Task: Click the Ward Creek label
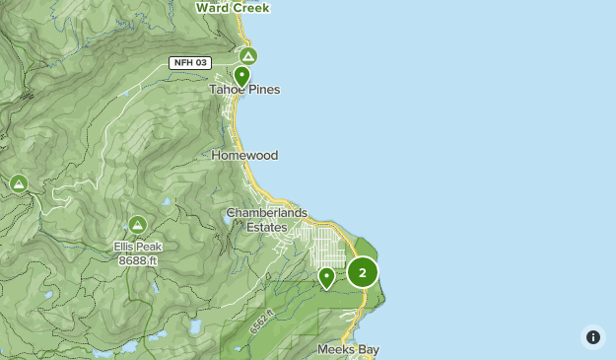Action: click(233, 7)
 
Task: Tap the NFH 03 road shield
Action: click(189, 63)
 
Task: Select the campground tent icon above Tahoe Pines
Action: click(248, 56)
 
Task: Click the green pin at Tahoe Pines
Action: click(241, 75)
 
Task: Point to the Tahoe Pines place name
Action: click(244, 90)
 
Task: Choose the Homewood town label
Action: click(244, 155)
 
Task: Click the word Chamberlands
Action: click(266, 213)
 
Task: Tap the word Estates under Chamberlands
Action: click(266, 227)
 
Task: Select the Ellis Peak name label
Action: click(137, 247)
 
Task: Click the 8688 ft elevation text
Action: click(137, 260)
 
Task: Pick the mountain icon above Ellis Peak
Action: click(137, 225)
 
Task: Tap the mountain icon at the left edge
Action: click(18, 183)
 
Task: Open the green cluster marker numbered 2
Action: click(362, 272)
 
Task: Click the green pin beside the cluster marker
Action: click(326, 277)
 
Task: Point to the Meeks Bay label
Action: click(348, 349)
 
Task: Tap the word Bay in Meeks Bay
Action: click(367, 349)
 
